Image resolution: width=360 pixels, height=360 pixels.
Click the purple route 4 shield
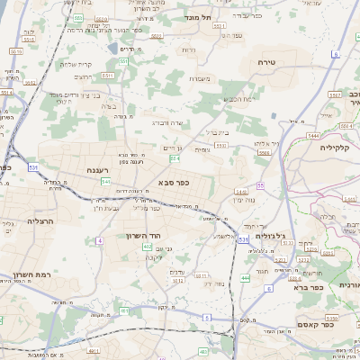[x=175, y=158]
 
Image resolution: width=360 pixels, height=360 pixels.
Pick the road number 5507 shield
[x=333, y=94]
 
